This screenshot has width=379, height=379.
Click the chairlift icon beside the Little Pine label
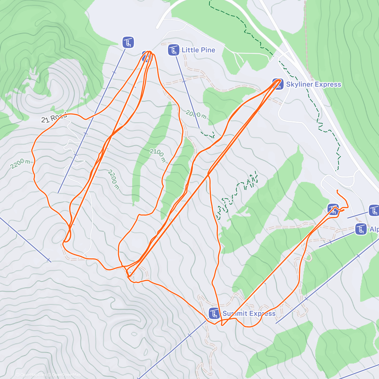174,50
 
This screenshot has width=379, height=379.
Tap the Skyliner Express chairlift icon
278,84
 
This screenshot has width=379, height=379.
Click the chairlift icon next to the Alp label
361,229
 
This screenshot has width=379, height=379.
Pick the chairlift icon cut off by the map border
374,210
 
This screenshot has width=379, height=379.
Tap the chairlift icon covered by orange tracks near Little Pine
145,57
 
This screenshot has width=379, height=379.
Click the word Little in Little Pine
190,50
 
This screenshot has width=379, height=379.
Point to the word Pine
208,50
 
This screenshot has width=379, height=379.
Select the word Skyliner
300,84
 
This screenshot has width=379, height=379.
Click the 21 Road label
54,117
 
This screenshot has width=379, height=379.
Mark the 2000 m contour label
196,114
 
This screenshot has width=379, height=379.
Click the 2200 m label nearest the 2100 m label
113,179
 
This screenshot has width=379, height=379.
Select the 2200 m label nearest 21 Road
20,164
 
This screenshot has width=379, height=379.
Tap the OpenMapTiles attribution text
31,375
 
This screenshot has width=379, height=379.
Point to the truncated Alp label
374,229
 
